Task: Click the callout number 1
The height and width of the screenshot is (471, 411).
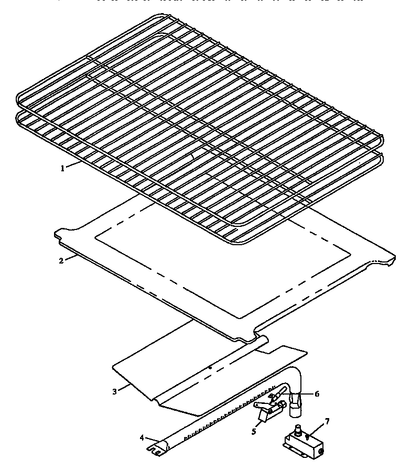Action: [62, 169]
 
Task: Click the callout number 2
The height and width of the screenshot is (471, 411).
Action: [61, 260]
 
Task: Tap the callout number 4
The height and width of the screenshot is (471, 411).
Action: [142, 438]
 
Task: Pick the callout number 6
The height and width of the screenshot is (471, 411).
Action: [317, 394]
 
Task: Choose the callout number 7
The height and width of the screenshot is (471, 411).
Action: [327, 421]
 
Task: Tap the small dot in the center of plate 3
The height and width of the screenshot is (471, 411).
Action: [210, 368]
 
